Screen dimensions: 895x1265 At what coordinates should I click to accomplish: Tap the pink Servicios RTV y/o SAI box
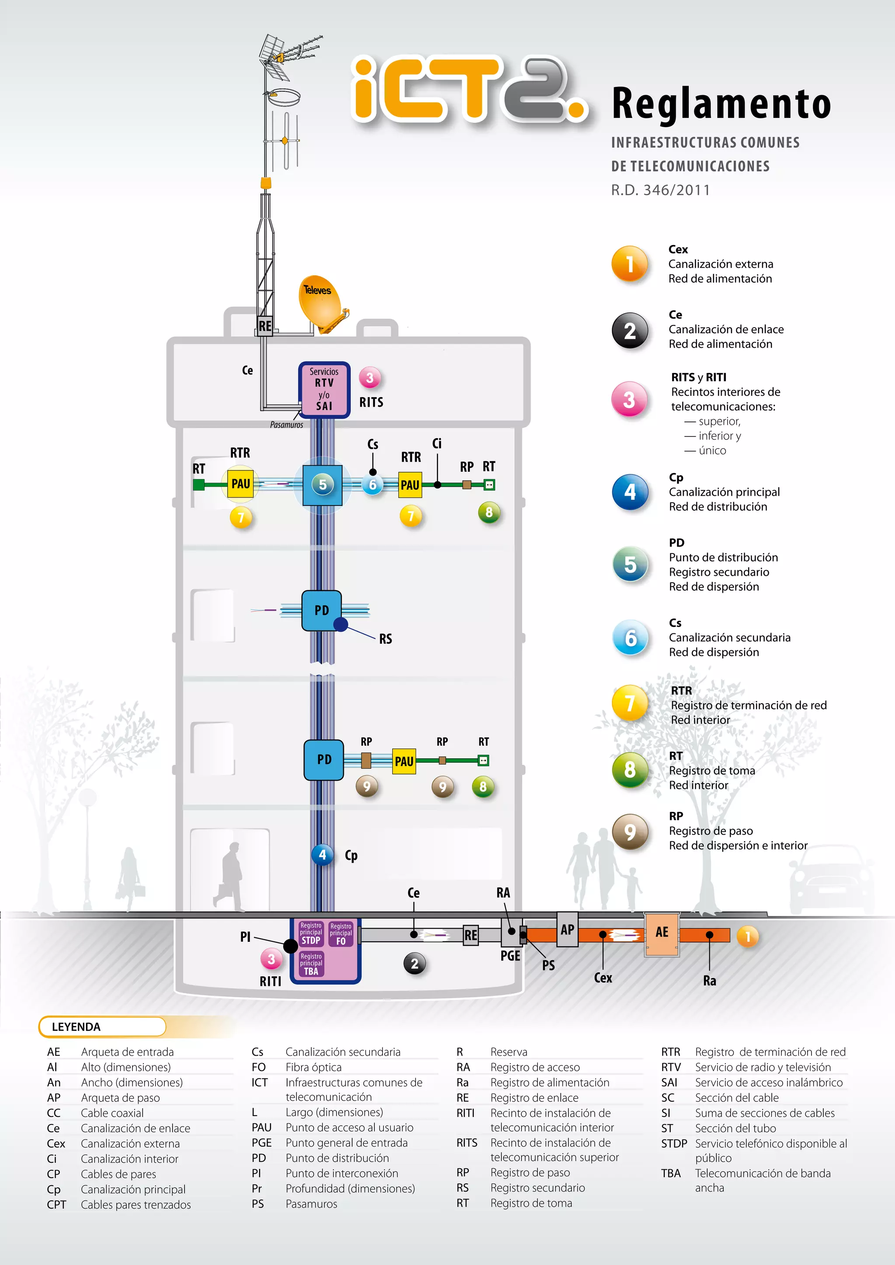click(324, 390)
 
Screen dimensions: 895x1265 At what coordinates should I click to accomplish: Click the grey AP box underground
click(567, 930)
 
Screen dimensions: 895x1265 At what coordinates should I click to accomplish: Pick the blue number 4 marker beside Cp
click(323, 854)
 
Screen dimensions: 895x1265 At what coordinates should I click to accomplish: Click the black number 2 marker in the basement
click(414, 964)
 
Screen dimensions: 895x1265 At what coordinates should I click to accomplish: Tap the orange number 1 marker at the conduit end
click(748, 936)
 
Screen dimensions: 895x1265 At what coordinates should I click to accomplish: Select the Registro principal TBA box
click(312, 964)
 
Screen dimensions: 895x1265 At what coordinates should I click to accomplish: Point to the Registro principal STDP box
click(311, 934)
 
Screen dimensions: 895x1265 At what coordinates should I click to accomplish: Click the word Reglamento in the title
click(722, 104)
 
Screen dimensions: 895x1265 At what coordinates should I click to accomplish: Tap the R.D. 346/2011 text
click(660, 190)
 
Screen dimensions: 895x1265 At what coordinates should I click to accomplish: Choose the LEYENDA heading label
click(76, 1027)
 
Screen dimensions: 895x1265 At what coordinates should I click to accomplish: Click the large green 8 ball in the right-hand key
click(630, 770)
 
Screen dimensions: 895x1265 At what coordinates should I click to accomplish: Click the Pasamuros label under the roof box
click(287, 425)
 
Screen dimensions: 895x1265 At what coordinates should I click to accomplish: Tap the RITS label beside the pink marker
click(371, 402)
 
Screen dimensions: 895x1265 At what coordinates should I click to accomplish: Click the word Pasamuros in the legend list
click(312, 1204)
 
